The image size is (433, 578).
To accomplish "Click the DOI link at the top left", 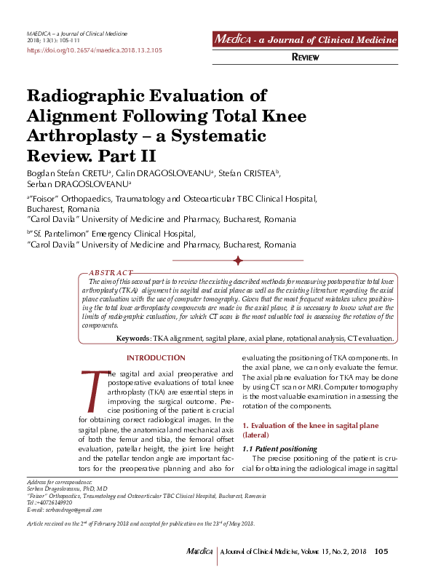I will [94, 51].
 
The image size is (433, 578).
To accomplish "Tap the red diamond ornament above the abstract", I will [237, 259].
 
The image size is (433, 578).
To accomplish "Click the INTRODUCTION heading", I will [156, 358].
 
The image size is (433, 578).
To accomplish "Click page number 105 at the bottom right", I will [381, 551].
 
